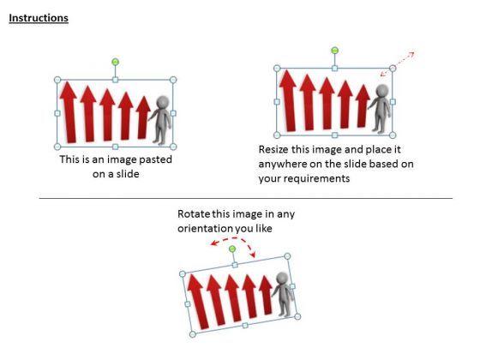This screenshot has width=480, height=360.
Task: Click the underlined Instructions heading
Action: click(x=39, y=18)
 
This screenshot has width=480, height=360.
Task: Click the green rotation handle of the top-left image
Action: click(x=115, y=62)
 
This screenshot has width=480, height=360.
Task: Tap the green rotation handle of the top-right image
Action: click(x=335, y=51)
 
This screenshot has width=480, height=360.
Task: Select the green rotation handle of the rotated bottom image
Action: click(x=232, y=249)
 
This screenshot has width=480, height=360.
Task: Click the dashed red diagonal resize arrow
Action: click(x=398, y=63)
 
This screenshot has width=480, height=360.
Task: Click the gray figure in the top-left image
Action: click(x=160, y=120)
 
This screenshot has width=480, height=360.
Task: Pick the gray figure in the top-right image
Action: click(x=380, y=109)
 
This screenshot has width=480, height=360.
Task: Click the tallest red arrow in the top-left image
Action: click(x=69, y=111)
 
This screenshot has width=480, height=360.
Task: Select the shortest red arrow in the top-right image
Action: click(x=363, y=106)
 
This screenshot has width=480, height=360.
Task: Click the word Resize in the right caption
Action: click(x=273, y=150)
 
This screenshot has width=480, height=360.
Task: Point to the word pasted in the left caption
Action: click(x=155, y=159)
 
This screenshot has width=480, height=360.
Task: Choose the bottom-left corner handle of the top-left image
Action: click(x=57, y=147)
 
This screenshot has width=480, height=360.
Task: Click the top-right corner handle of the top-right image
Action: click(x=393, y=69)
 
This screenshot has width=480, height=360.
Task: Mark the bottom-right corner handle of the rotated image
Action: click(x=297, y=317)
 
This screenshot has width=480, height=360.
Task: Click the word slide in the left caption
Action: click(x=128, y=174)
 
